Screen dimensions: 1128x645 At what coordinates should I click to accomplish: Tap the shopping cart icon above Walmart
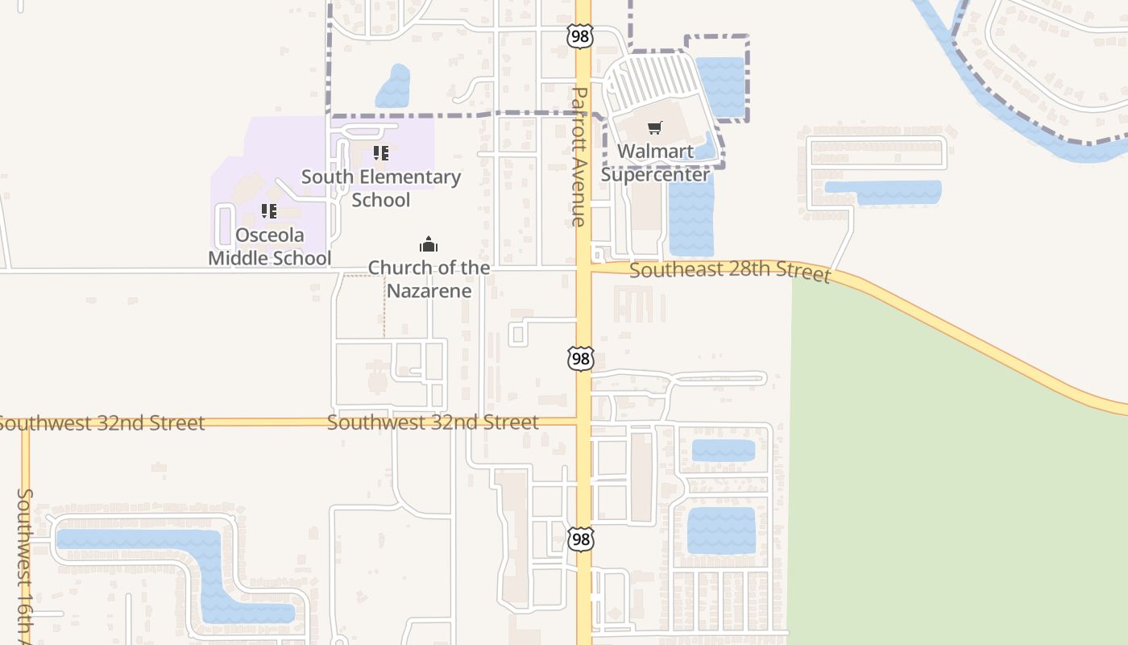[x=654, y=127]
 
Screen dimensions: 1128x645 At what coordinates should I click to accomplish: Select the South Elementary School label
[x=381, y=188]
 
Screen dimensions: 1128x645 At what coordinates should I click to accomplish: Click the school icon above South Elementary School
[x=381, y=152]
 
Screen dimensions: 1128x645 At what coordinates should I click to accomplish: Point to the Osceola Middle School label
[x=269, y=246]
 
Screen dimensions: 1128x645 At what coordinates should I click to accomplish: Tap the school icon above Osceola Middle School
[x=269, y=211]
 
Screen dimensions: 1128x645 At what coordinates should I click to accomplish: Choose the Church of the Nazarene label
[x=429, y=279]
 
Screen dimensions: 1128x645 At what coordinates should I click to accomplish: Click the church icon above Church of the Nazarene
[x=429, y=244]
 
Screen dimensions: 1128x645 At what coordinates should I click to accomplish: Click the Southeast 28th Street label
[x=729, y=271]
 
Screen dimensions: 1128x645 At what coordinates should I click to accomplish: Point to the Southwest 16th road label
[x=25, y=564]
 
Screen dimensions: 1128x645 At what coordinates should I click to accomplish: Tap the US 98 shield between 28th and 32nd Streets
[x=580, y=358]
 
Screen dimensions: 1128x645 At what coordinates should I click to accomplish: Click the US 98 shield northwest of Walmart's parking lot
[x=580, y=35]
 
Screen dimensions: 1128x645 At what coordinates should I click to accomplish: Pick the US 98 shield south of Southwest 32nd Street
[x=580, y=539]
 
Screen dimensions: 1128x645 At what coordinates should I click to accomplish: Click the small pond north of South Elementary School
[x=393, y=87]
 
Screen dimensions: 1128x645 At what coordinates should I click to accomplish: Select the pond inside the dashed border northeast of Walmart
[x=720, y=85]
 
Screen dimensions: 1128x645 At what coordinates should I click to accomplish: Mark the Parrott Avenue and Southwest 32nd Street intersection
[x=583, y=420]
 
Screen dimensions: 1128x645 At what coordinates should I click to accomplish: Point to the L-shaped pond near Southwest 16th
[x=201, y=564]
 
